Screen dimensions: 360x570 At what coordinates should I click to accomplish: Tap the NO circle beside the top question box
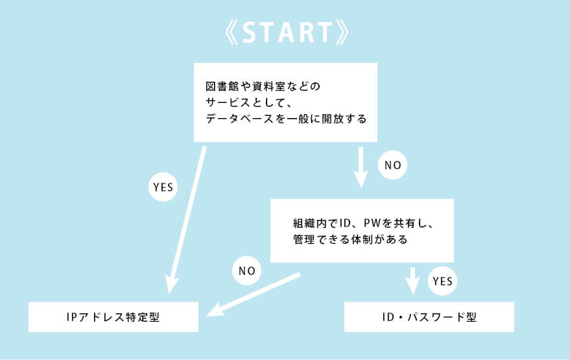click(393, 165)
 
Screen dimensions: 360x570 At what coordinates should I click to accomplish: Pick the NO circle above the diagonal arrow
click(246, 270)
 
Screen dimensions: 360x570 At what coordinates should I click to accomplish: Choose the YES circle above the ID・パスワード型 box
click(442, 282)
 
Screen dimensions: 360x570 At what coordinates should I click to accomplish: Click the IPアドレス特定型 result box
click(113, 317)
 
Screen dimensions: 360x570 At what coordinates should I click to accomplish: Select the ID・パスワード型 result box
click(429, 317)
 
